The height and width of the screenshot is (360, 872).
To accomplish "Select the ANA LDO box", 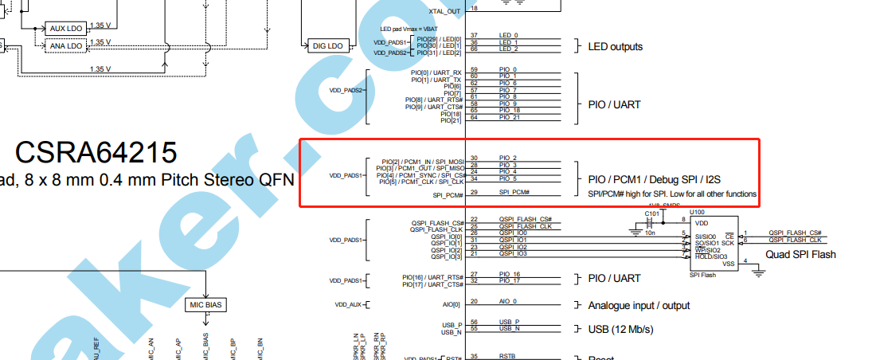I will [x=66, y=46].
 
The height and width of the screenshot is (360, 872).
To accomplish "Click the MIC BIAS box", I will [x=206, y=304].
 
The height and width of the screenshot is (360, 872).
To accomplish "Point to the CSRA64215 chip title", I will [x=96, y=151].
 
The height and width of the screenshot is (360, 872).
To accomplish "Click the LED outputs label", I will [x=615, y=46].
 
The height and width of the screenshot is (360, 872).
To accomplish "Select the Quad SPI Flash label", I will [x=801, y=255].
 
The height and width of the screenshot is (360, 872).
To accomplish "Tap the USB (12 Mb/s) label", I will [x=621, y=330].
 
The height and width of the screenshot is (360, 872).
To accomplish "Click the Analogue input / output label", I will [x=639, y=305].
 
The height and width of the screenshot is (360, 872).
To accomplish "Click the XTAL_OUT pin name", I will [x=445, y=11].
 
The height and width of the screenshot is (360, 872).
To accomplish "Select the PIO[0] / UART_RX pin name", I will [x=436, y=72].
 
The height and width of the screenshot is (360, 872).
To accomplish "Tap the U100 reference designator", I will [x=697, y=212].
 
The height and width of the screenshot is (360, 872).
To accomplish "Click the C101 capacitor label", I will [x=651, y=213].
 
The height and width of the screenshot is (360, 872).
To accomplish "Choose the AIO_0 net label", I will [x=508, y=302].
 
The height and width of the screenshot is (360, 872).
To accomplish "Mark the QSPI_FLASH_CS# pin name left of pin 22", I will [x=437, y=222].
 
